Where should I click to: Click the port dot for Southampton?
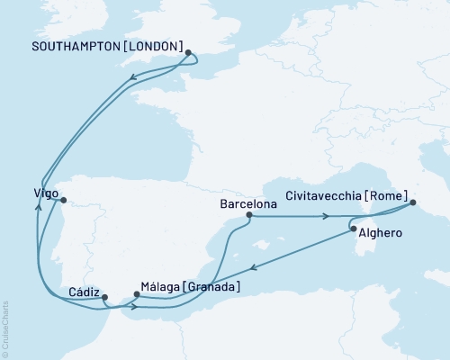coord(188,53)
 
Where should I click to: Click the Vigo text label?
coord(40,193)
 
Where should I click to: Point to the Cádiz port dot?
coord(104,297)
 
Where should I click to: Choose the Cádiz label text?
coord(83,292)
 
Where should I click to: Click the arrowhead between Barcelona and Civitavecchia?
coord(327,216)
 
